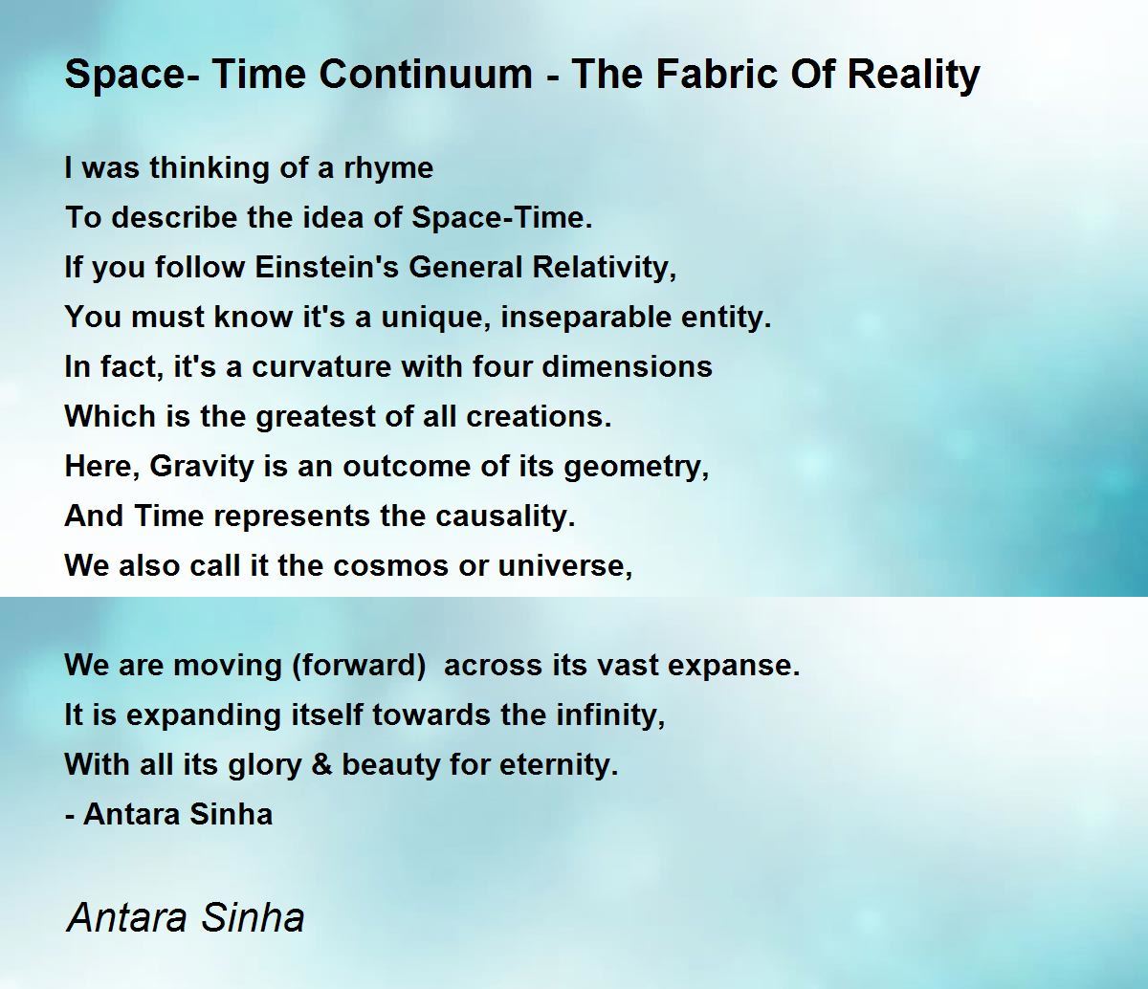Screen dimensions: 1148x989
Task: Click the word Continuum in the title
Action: tap(426, 74)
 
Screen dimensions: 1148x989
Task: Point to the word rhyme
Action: tap(388, 168)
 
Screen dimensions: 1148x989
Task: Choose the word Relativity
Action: tap(605, 268)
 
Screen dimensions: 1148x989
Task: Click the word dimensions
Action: tap(627, 366)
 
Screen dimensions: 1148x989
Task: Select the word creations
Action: tap(539, 416)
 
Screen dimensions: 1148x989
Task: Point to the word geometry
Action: tap(636, 468)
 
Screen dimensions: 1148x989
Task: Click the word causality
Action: tap(505, 517)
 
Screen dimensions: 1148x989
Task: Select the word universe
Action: tap(564, 566)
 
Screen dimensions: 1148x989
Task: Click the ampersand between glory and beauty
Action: tap(321, 765)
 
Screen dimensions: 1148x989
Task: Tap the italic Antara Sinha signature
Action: tap(186, 917)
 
